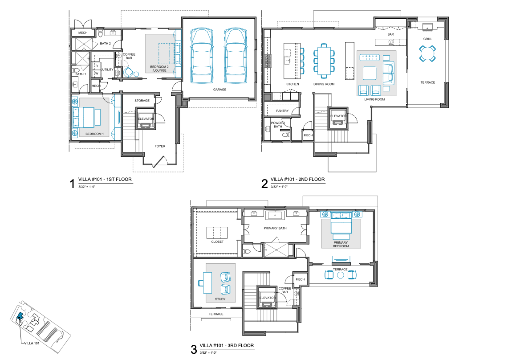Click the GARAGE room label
tap(219, 90)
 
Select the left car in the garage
tap(201, 56)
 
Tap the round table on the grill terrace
tap(427, 54)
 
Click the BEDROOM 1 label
tap(94, 134)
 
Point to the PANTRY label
tap(282, 111)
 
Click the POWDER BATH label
tap(278, 124)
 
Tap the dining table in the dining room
tap(324, 60)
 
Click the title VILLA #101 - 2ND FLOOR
tap(298, 180)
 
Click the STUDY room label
tap(220, 299)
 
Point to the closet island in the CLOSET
tap(217, 233)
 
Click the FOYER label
tap(160, 146)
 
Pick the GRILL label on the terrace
tap(427, 39)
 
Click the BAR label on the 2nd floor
tap(390, 34)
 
